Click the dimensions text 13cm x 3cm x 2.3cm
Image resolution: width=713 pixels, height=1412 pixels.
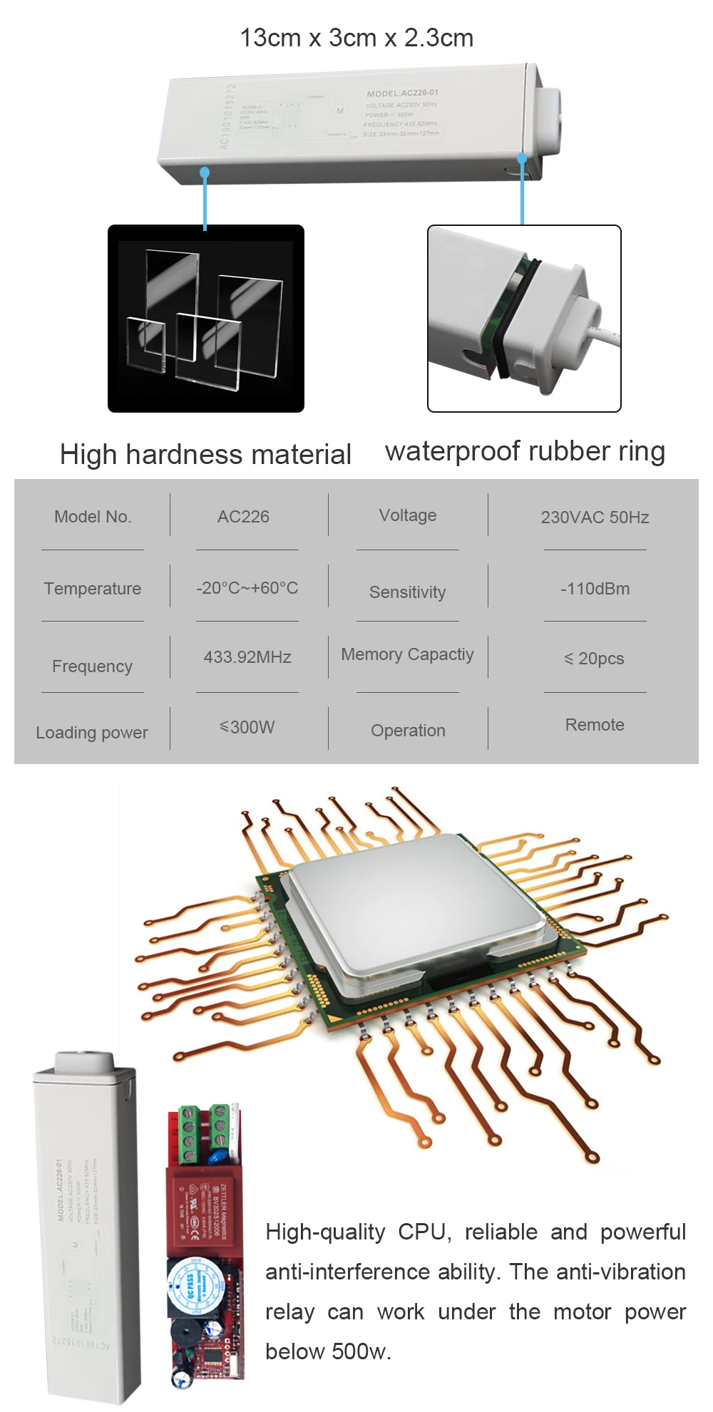(356, 38)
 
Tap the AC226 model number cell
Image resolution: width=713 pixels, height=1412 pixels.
(243, 517)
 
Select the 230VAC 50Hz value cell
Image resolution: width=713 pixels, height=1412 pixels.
(595, 517)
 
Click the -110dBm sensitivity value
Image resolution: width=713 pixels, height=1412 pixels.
(595, 589)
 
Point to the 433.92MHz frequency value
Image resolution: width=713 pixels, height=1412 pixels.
(247, 657)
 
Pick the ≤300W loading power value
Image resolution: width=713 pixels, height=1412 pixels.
(247, 727)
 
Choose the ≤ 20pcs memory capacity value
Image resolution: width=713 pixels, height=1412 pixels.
(594, 659)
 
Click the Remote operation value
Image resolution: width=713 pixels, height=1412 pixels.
(595, 725)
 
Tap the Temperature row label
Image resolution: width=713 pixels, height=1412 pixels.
(93, 589)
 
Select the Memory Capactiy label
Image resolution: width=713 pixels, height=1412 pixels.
(407, 654)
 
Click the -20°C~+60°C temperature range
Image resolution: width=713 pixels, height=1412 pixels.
(247, 588)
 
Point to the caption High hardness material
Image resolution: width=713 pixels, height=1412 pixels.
(205, 455)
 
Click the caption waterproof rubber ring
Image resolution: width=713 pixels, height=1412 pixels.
(525, 451)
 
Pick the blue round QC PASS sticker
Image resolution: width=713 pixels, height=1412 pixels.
(188, 1287)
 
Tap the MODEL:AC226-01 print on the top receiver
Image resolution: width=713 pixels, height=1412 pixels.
(402, 93)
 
